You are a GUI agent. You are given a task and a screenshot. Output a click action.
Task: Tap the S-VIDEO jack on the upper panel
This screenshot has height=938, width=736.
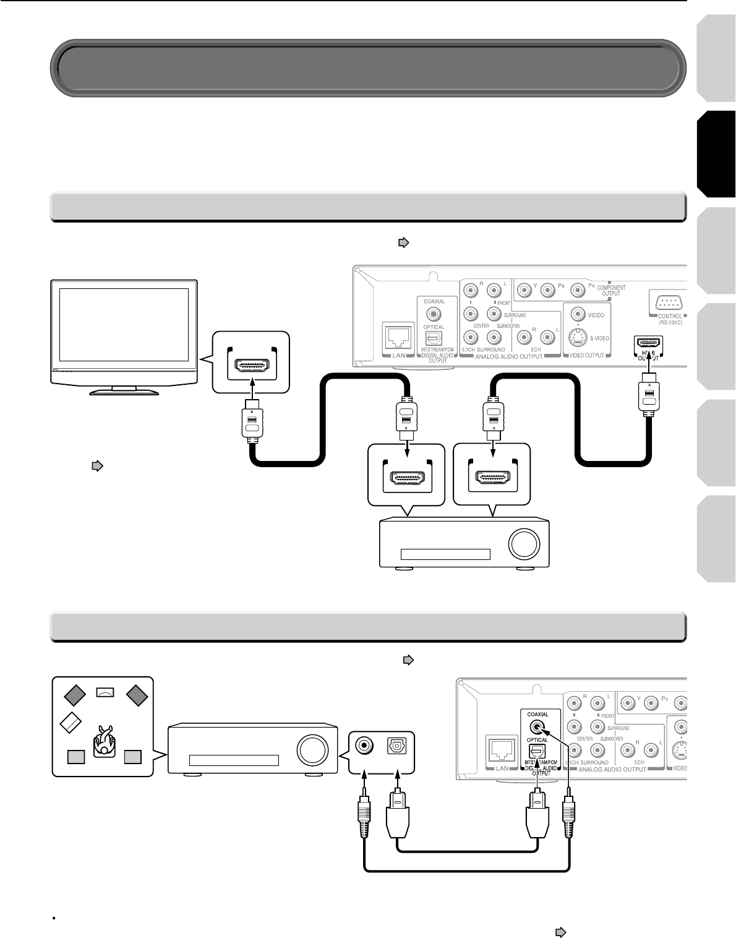tap(578, 338)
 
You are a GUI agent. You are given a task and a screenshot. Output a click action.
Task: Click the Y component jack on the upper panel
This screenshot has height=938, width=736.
tap(524, 289)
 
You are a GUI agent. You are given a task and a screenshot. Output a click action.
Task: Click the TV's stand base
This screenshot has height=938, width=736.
tap(124, 391)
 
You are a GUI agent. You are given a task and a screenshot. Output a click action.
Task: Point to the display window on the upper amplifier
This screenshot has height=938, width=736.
tap(445, 554)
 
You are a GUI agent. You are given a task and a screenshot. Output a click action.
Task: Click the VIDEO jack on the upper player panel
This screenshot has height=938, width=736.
tap(578, 314)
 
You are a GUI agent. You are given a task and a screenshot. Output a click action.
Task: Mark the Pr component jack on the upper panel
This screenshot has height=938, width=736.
tap(578, 289)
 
